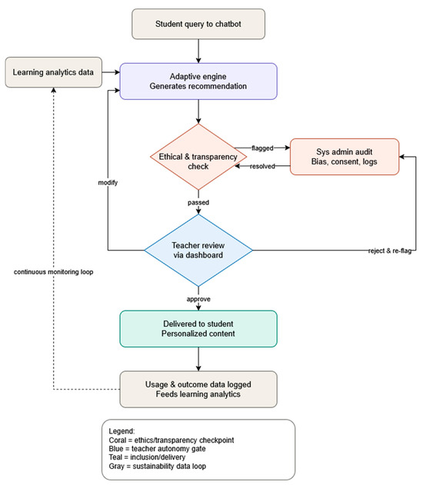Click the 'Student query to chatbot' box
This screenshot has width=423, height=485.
coord(198,24)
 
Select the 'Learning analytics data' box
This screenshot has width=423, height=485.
coord(54,72)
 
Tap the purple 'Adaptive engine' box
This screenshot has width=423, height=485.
coord(198,81)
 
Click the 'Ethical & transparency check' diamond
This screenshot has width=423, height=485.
coord(198,157)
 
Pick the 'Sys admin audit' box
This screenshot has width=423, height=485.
coord(345,157)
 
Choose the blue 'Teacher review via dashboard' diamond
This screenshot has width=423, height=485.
coord(198,251)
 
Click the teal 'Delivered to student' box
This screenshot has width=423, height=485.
coord(198,329)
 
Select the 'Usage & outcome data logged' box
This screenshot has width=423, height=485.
coord(198,389)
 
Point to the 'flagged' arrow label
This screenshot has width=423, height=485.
coord(262,148)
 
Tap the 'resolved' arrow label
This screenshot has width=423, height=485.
coord(262,167)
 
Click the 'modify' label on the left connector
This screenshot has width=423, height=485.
coord(108,182)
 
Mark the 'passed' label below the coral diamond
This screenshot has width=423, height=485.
coord(198,203)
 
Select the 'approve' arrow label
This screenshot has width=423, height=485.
coord(198,299)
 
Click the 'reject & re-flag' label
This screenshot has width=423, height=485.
coord(390,251)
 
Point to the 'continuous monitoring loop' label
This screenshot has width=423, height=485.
coord(54,272)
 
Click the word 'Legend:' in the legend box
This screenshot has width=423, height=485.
coord(122,431)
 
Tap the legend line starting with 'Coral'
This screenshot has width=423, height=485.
coord(172,440)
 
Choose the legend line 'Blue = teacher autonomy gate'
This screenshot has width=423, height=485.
coord(157,449)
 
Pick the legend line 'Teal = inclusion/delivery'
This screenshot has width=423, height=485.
coord(147,457)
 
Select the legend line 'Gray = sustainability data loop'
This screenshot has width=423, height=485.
coord(157,466)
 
